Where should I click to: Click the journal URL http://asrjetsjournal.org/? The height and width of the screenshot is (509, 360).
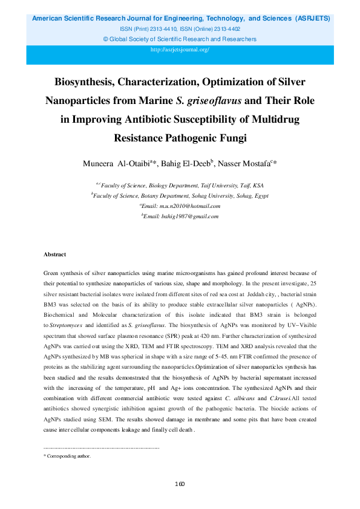click(x=180, y=50)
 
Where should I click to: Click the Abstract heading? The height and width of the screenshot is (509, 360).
click(x=54, y=254)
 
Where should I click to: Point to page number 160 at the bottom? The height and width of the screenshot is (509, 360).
click(x=180, y=484)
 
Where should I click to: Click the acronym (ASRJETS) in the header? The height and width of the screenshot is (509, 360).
click(x=313, y=19)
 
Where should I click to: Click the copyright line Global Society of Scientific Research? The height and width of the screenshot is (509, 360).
click(x=180, y=39)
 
